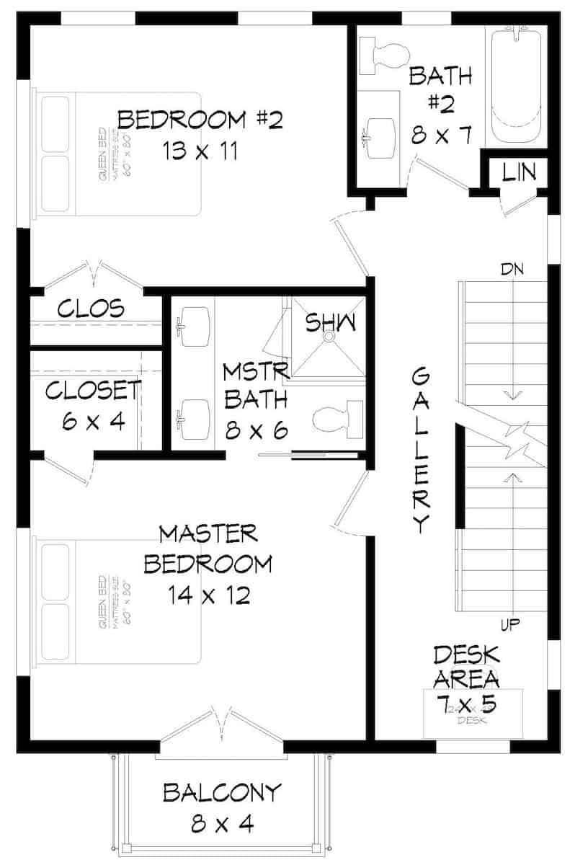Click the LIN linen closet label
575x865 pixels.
519,172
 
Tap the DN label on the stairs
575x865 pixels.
513,270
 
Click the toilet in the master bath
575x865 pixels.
338,417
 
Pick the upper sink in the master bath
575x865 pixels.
192,321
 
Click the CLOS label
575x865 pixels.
91,309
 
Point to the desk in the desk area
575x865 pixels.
471,714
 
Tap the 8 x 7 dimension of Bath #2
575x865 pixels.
442,134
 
